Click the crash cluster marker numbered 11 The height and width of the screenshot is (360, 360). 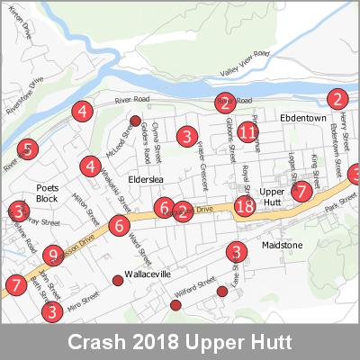pyautogui.click(x=248, y=131)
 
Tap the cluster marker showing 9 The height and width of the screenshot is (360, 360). pyautogui.click(x=53, y=256)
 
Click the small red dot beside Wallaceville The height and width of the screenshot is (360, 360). pyautogui.click(x=117, y=282)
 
